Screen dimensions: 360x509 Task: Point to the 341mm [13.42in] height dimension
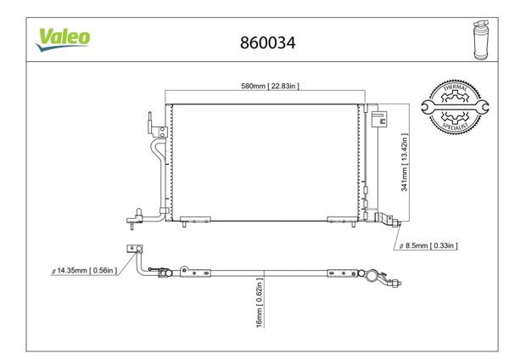click(406, 160)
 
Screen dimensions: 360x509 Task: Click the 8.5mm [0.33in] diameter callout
click(428, 246)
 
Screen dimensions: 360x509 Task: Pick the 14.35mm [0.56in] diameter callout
click(82, 272)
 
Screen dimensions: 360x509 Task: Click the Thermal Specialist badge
click(456, 106)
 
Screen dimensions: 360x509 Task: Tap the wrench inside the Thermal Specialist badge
click(455, 107)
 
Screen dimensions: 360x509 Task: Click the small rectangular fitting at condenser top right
click(378, 116)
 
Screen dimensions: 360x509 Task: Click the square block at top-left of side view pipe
click(132, 249)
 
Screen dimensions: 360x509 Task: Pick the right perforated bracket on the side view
click(340, 273)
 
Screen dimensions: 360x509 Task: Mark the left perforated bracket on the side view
click(197, 273)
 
